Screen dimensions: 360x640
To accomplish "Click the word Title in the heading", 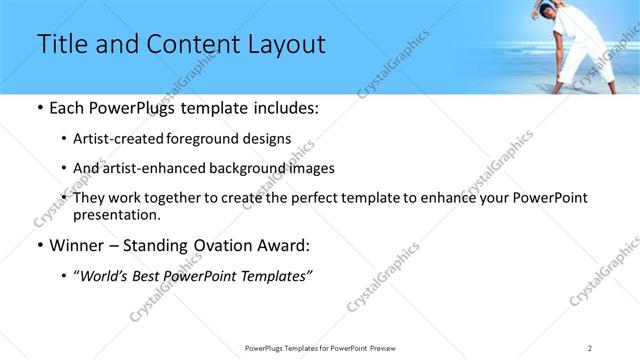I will pos(61,45).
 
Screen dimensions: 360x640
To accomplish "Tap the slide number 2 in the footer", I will pos(590,347).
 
